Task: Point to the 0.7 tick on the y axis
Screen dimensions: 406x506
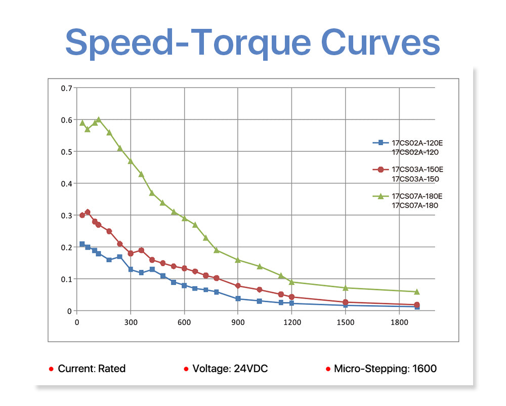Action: coord(66,88)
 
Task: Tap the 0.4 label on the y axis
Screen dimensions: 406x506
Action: coord(66,184)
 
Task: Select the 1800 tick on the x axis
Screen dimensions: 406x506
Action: coord(399,321)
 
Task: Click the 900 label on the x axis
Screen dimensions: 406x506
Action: coord(238,321)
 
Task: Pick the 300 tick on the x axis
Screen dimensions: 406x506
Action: coord(131,321)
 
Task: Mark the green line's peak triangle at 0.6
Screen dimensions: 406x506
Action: coord(98,119)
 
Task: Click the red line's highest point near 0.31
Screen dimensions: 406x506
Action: coord(88,212)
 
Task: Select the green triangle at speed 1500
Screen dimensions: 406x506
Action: coord(346,288)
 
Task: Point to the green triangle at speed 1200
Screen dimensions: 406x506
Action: coord(291,281)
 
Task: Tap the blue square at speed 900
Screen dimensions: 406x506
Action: coord(238,299)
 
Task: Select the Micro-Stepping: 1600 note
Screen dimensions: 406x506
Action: coord(385,369)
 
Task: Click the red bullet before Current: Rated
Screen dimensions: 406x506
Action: coord(51,369)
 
